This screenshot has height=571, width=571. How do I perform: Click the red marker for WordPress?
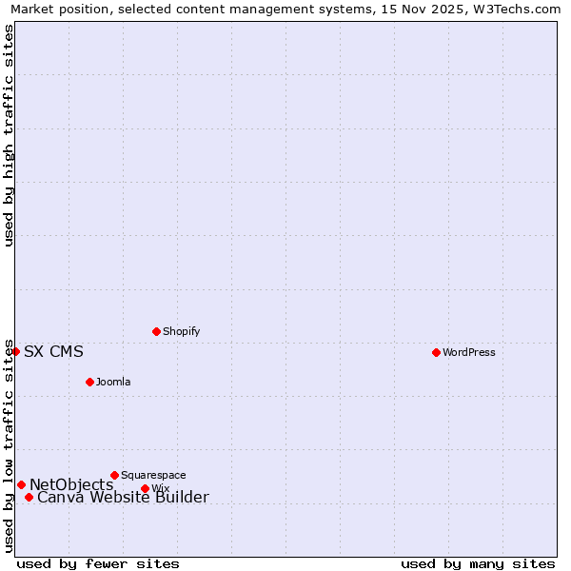coord(436,352)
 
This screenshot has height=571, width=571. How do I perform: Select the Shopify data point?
coord(156,331)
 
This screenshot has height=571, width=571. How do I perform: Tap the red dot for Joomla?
coord(89,382)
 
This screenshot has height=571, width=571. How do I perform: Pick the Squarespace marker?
coord(114,475)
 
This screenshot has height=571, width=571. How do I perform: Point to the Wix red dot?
coord(145,488)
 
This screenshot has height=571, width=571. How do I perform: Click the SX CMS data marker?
coord(15,351)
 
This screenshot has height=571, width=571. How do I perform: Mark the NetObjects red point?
coord(21,484)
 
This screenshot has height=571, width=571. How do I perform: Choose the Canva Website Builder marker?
coord(29,497)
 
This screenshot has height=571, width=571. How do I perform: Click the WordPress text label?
coord(469,352)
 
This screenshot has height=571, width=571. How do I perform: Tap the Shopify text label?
coord(181,331)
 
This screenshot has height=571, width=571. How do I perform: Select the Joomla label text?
coord(113,382)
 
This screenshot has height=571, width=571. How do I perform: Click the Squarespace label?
coord(153,475)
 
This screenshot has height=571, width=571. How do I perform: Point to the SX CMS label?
coord(53,352)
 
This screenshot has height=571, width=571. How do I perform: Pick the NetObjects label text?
coord(71,485)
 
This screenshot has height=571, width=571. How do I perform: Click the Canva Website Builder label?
coord(123,498)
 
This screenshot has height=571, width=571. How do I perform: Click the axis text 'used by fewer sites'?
coord(98,564)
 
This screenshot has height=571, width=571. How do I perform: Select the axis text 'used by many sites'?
coord(478,564)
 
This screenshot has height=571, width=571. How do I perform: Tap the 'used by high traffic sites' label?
coord(10,135)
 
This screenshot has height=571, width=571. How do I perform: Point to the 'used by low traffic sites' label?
coord(10,444)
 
